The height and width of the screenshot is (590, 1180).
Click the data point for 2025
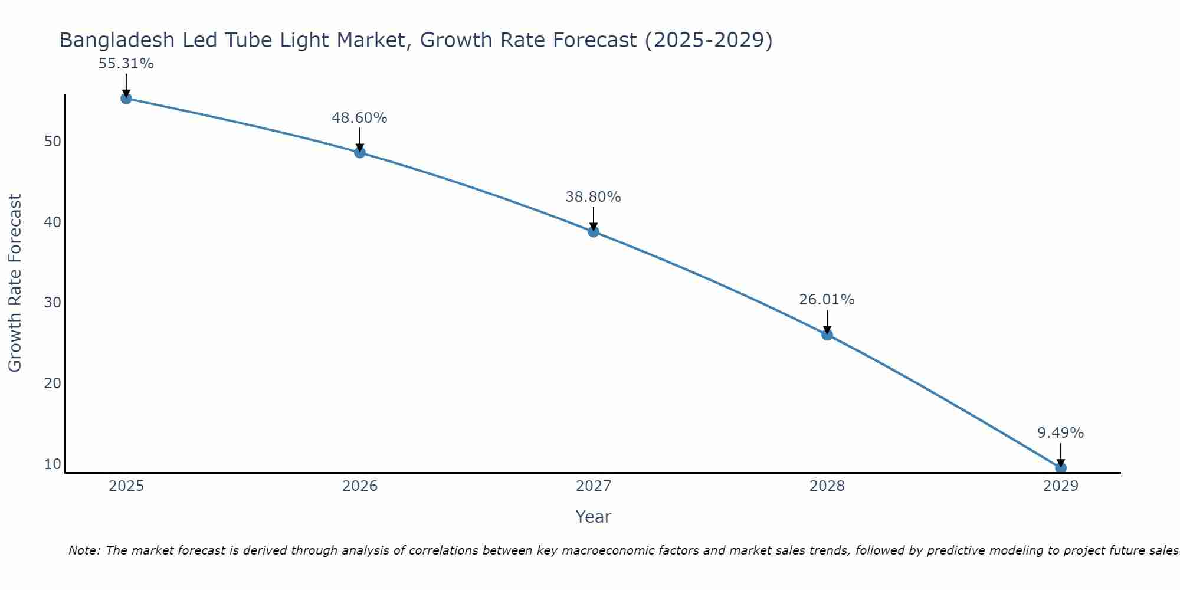tap(126, 99)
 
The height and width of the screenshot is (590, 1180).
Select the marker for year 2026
tap(360, 153)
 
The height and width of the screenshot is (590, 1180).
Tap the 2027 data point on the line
tap(594, 232)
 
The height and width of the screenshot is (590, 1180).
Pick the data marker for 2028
tap(827, 335)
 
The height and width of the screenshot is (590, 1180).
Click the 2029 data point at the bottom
tap(1060, 468)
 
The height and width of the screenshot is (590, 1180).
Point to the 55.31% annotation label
tap(126, 64)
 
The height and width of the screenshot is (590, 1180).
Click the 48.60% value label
tap(359, 118)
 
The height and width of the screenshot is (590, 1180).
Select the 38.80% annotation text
tap(593, 197)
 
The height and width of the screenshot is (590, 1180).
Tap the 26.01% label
tap(827, 300)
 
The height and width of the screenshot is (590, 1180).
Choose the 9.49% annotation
tap(1060, 433)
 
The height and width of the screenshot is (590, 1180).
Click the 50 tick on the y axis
tap(53, 142)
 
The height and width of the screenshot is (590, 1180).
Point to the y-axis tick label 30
tap(53, 303)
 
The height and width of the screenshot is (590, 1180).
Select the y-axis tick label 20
tap(53, 383)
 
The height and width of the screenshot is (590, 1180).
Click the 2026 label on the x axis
tap(360, 486)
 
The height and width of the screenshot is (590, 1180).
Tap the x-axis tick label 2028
tap(827, 486)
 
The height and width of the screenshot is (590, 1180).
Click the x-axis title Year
tap(593, 517)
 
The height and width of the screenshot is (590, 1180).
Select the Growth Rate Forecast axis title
tap(15, 283)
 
